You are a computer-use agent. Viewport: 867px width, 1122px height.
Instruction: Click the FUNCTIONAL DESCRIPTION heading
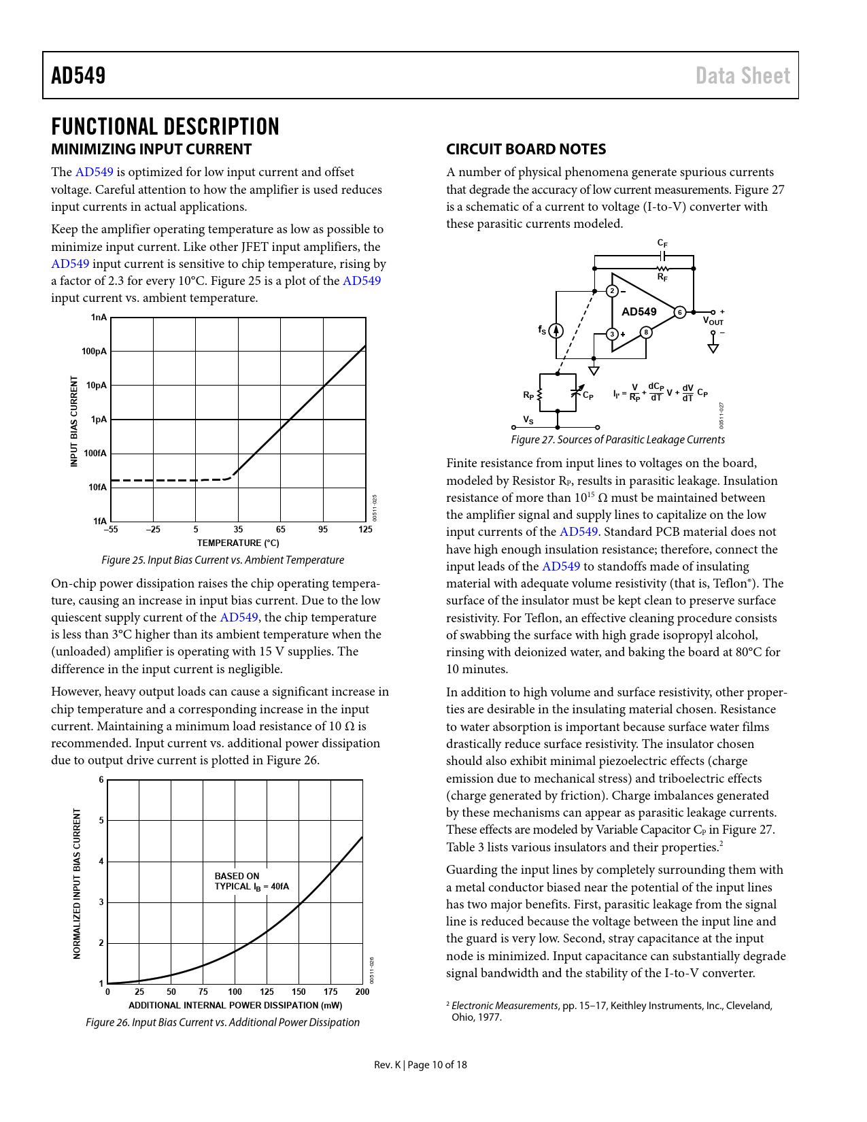165,127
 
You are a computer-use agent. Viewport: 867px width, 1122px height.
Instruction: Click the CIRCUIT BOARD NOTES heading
526,150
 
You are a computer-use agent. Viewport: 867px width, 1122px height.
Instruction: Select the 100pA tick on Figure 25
95,352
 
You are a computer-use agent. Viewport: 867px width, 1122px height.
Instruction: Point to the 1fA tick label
99,522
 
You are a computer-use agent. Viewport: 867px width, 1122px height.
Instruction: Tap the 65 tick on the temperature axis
280,530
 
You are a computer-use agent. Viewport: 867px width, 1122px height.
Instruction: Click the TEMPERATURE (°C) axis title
238,543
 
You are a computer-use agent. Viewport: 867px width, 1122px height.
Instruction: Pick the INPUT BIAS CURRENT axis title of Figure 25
74,422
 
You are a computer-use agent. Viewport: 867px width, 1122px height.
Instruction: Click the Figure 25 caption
222,560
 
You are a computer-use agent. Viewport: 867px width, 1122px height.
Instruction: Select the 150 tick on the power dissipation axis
299,992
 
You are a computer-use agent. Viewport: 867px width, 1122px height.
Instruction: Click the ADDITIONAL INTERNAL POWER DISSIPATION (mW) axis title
235,1006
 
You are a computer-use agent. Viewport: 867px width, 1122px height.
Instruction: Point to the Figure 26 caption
222,1023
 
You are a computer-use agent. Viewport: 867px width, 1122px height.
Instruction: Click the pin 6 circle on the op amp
679,312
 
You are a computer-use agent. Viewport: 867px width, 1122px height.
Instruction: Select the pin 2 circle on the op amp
612,291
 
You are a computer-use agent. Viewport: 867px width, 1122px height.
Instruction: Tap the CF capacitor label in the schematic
662,243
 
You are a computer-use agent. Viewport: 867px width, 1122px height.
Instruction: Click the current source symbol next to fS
556,331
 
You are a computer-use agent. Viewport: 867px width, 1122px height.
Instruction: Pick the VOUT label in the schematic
713,321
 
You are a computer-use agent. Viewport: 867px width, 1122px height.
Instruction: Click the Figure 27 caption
617,440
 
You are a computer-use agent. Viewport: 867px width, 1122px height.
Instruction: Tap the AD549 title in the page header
79,75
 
